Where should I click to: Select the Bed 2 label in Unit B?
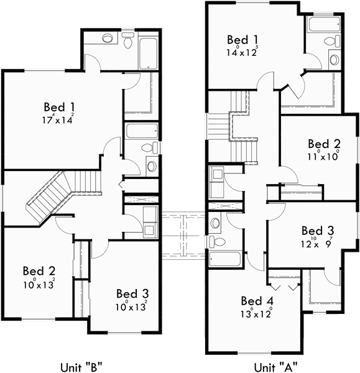[x=39, y=271]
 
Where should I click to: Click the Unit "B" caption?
[x=81, y=366]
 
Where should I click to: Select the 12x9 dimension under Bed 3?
[x=318, y=242]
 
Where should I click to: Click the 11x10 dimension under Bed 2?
[x=323, y=157]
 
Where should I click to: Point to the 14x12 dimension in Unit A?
[x=242, y=53]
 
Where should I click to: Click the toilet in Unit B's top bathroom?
[x=129, y=42]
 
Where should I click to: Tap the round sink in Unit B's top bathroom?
[x=108, y=39]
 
